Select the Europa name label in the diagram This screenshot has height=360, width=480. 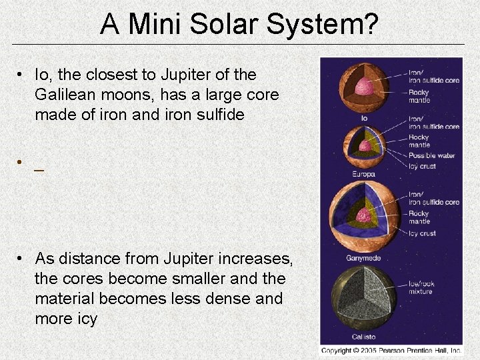tap(364, 175)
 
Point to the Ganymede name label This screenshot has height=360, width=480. tap(364, 258)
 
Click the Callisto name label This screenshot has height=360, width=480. tap(364, 337)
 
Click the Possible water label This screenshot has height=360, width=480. tap(431, 155)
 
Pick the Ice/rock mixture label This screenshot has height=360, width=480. tap(421, 287)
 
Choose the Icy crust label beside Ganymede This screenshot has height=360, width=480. tap(422, 233)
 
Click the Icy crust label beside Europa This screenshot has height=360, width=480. tap(422, 166)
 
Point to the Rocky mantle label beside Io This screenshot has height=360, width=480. tap(419, 96)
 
